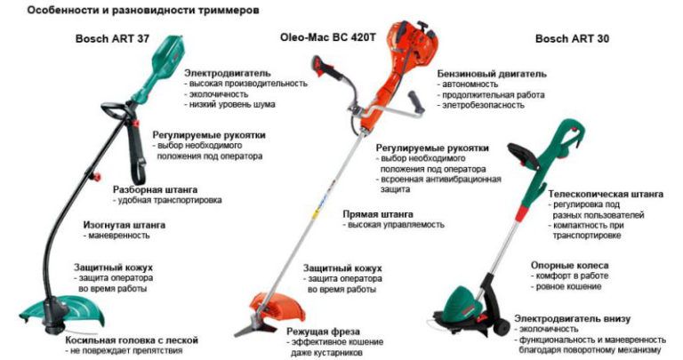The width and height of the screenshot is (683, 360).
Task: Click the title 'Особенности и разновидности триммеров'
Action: click(x=143, y=10)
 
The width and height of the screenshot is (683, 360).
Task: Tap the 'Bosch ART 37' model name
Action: click(x=112, y=38)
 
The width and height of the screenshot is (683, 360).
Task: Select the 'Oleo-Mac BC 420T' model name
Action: click(x=327, y=37)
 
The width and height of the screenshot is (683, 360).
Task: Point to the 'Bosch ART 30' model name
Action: click(x=572, y=38)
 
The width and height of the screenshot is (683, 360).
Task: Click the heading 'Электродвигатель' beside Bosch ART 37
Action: click(x=228, y=73)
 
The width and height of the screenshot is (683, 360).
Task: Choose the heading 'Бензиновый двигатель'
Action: click(x=492, y=74)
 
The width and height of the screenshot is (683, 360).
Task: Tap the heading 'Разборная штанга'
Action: click(x=155, y=190)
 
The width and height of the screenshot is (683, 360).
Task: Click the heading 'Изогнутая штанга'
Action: click(x=125, y=225)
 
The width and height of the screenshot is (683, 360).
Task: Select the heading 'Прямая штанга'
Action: click(x=378, y=214)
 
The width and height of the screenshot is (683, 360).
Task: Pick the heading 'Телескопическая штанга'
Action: click(x=606, y=194)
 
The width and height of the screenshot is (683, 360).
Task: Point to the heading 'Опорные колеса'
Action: click(x=569, y=265)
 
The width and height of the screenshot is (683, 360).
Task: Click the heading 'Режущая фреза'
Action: click(x=323, y=332)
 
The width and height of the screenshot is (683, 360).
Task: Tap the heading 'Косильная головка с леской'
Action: click(x=132, y=340)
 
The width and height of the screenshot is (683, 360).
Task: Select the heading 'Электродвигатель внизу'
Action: click(x=572, y=318)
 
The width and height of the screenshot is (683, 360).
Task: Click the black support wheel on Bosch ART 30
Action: click(x=501, y=326)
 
